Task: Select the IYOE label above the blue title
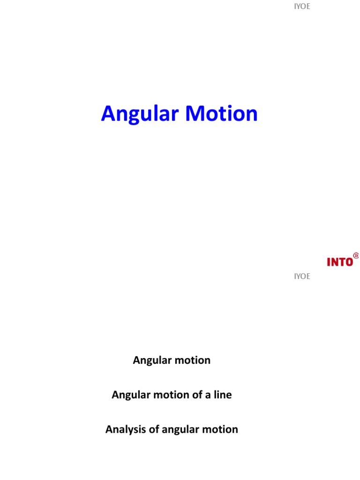[302, 7]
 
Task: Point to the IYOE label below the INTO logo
[302, 276]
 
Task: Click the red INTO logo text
[340, 262]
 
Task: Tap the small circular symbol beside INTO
[356, 255]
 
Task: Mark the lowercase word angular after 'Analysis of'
[180, 430]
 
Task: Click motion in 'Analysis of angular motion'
[220, 429]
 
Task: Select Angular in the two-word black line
[151, 360]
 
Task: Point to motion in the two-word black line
[192, 360]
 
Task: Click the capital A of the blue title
[109, 114]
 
